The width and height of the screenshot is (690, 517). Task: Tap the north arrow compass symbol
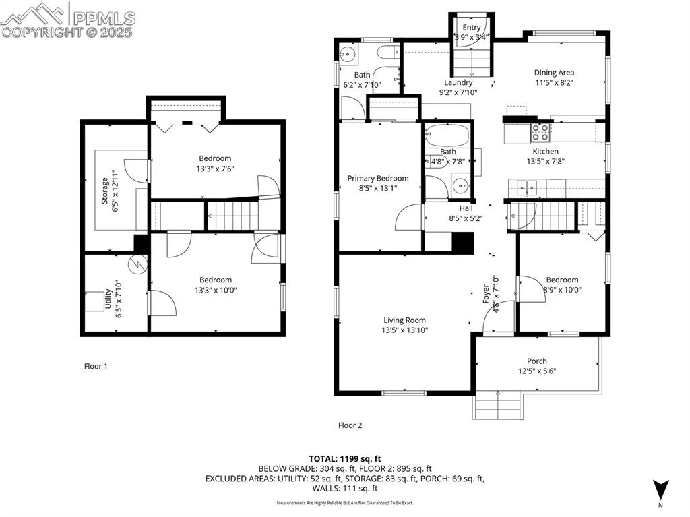click(660, 488)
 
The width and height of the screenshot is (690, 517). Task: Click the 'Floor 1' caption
click(96, 366)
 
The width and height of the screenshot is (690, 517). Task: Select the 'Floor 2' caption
click(350, 425)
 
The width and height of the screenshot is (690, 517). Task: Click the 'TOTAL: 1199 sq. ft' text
click(345, 458)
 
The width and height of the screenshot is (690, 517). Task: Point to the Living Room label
click(405, 320)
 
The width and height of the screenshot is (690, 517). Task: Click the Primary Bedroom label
click(377, 178)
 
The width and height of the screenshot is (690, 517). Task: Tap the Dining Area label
click(554, 73)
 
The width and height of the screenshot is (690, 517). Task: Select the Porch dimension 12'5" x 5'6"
click(537, 371)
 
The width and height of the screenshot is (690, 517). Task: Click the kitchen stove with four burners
click(540, 131)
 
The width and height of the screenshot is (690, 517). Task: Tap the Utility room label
click(108, 299)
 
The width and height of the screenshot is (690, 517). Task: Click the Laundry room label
click(458, 82)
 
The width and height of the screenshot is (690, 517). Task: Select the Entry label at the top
click(472, 27)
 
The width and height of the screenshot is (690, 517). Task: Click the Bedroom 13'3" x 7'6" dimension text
click(215, 169)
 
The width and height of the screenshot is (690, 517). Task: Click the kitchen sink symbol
click(527, 187)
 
